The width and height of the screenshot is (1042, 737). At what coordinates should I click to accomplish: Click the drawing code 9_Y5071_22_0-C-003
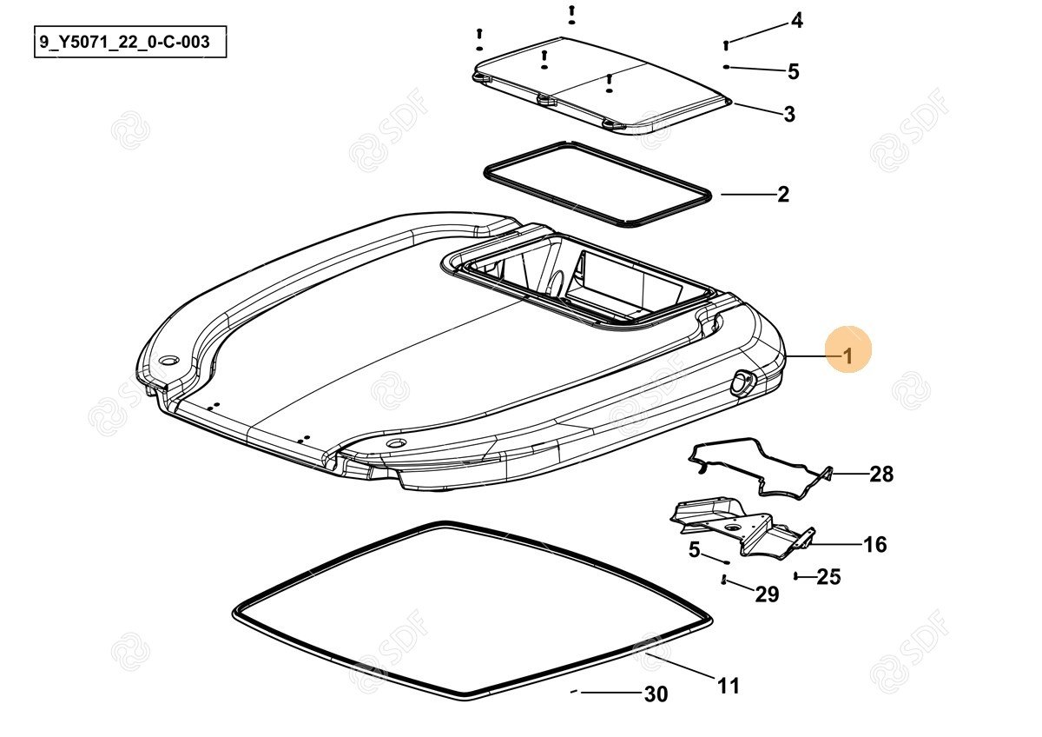pyautogui.click(x=125, y=42)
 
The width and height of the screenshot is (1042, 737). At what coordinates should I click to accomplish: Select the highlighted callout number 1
pyautogui.click(x=848, y=356)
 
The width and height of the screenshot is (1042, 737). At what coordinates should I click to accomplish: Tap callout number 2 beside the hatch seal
pyautogui.click(x=783, y=194)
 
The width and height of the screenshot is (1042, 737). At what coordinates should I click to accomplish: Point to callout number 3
pyautogui.click(x=789, y=114)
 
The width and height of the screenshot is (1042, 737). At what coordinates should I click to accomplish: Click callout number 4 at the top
pyautogui.click(x=797, y=21)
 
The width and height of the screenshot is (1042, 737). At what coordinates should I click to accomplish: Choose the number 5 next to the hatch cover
pyautogui.click(x=794, y=71)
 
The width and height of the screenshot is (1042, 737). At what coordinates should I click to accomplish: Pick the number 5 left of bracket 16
pyautogui.click(x=694, y=550)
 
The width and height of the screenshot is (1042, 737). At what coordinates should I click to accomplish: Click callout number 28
pyautogui.click(x=882, y=474)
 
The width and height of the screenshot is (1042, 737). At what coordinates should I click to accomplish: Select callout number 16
pyautogui.click(x=875, y=544)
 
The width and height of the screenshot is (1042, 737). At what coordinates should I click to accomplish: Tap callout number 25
pyautogui.click(x=829, y=577)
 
